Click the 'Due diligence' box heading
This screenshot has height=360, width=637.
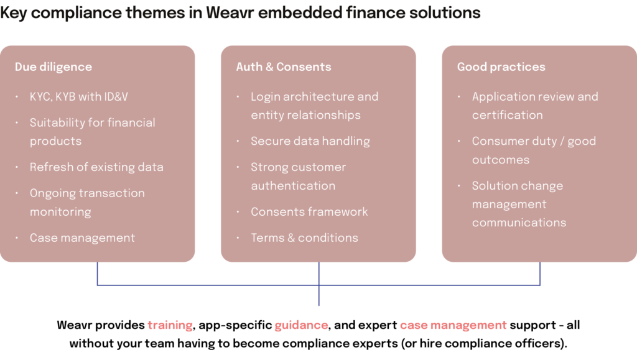click(x=53, y=67)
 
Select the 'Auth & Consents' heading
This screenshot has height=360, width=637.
click(x=283, y=67)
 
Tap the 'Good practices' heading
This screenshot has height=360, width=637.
click(x=501, y=67)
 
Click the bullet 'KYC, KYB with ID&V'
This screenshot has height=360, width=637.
click(x=78, y=97)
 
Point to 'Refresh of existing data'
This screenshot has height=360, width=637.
click(x=96, y=167)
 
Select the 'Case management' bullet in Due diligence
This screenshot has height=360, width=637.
click(x=82, y=238)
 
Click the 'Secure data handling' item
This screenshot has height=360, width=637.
click(x=310, y=141)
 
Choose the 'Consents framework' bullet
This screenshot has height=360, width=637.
click(x=309, y=212)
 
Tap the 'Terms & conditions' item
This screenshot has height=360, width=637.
click(x=304, y=238)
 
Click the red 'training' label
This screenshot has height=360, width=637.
click(x=170, y=325)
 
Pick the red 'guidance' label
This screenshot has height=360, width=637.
click(x=301, y=325)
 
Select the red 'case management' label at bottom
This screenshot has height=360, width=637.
click(x=453, y=325)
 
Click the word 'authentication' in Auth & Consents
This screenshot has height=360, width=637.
click(x=293, y=186)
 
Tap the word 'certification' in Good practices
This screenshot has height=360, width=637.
click(x=507, y=115)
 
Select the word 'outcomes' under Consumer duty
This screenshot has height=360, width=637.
click(x=501, y=160)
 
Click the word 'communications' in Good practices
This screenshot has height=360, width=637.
click(x=519, y=223)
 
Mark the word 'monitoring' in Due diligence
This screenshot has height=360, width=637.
click(x=60, y=212)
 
